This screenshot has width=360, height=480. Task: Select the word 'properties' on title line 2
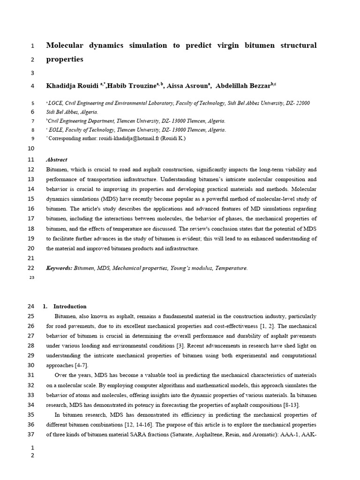[x=65, y=60]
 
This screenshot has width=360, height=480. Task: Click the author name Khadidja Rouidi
[x=72, y=86]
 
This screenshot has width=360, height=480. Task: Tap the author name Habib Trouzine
[x=133, y=86]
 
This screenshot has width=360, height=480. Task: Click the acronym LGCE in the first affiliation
[x=55, y=103]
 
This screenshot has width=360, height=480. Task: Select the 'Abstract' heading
[x=57, y=159]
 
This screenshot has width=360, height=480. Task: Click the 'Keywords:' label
[x=59, y=268]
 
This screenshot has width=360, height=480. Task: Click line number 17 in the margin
[x=31, y=219]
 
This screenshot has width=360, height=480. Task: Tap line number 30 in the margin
[x=31, y=366]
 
